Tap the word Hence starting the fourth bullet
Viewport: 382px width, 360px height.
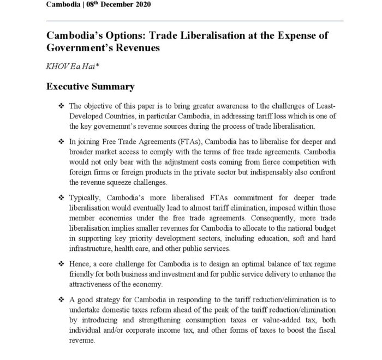pos(81,263)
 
